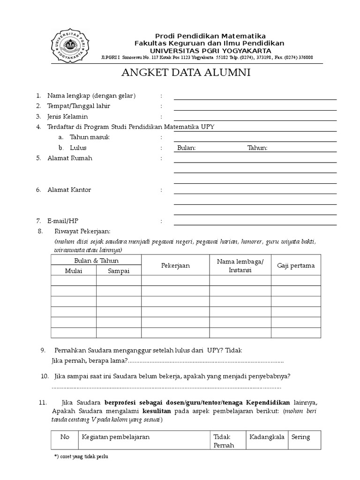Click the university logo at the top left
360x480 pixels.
point(68,45)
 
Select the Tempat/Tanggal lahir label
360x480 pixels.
point(79,106)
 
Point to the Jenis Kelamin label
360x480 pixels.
point(67,116)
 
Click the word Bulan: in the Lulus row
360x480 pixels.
point(187,148)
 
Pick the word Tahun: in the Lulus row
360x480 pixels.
point(257,148)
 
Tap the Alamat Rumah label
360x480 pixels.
point(70,158)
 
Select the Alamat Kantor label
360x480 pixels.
point(69,190)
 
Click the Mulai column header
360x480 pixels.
point(73,270)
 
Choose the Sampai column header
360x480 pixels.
point(119,270)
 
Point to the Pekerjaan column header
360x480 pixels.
point(175,266)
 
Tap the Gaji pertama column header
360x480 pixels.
point(296,266)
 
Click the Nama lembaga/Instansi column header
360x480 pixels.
point(240,266)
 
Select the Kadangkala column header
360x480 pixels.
point(267,437)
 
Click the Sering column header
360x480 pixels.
point(300,437)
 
